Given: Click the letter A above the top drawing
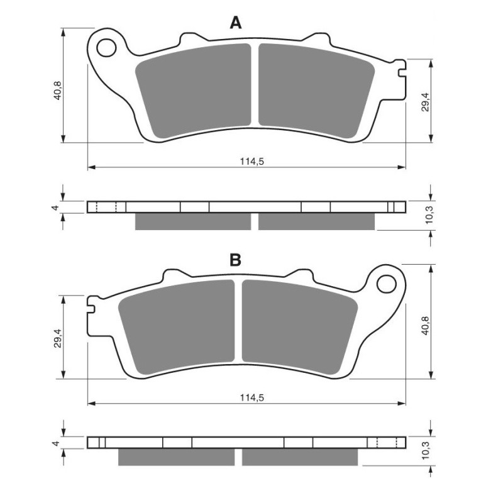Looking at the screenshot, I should (x=236, y=23).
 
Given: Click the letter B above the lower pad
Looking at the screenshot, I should (x=235, y=260).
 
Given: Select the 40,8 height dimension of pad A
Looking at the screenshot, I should (x=57, y=91).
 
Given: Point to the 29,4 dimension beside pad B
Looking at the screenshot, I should (x=57, y=338).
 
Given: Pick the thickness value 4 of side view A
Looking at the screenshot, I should (x=55, y=207).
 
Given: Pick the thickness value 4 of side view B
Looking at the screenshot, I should (x=55, y=444).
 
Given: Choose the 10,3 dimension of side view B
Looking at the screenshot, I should (x=429, y=451).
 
